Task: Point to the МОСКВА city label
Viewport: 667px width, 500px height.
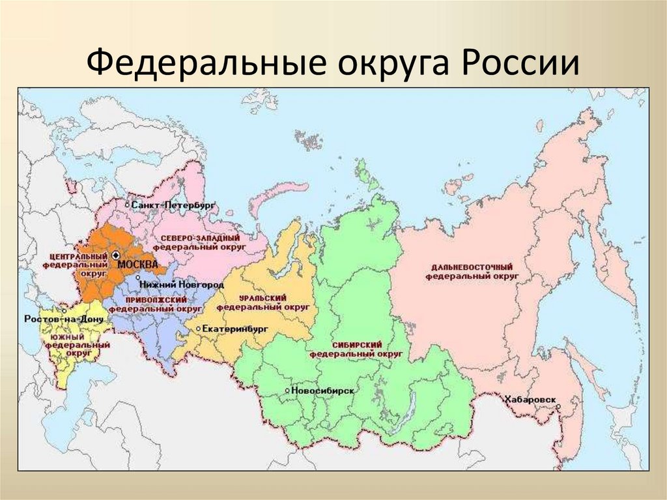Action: (137, 264)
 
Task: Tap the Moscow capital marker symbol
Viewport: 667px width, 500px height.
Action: (115, 256)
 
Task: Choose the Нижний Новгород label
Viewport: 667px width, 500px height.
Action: (180, 286)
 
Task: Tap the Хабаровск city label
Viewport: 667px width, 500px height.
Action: (530, 398)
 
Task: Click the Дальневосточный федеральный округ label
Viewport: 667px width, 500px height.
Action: (472, 272)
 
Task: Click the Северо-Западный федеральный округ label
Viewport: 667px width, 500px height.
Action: (199, 243)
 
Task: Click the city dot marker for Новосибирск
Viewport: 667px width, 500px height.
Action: (287, 390)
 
